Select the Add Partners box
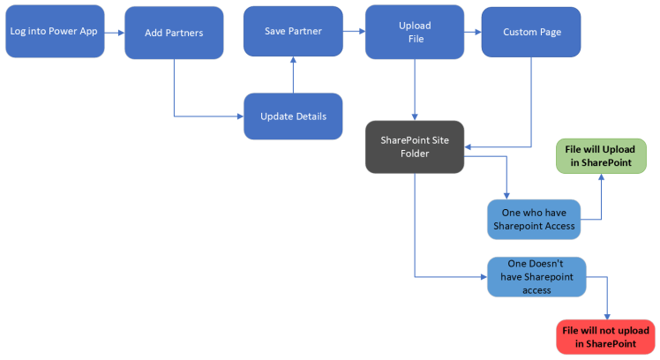click(173, 34)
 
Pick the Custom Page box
click(531, 32)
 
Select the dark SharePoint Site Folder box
click(415, 147)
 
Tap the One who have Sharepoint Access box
click(533, 220)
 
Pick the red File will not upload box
click(605, 336)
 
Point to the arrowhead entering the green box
click(601, 177)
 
